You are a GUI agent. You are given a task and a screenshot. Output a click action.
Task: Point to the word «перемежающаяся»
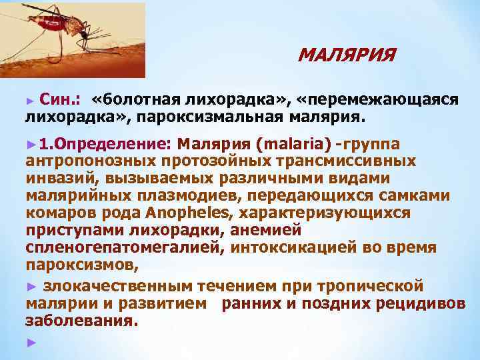(379, 99)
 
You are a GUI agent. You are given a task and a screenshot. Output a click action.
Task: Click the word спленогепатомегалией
(127, 248)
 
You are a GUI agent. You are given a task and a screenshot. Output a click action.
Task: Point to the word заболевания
(81, 321)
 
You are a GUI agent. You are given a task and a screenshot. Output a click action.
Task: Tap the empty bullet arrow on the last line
(29, 342)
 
